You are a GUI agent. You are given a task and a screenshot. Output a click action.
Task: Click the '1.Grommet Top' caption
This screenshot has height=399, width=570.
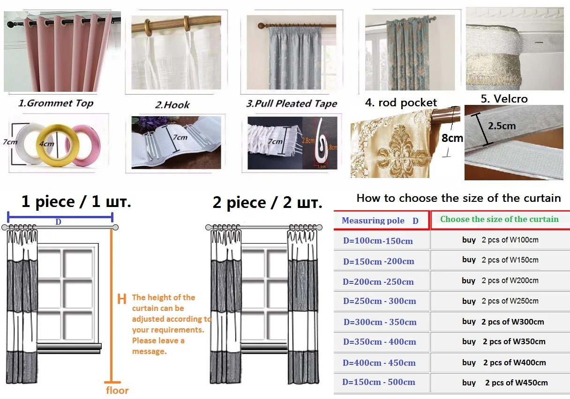(x=55, y=103)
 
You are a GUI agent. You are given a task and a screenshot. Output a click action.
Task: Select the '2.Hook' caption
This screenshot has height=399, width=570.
(x=172, y=104)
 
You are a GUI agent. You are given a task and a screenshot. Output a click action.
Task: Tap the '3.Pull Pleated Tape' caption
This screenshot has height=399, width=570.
(x=291, y=103)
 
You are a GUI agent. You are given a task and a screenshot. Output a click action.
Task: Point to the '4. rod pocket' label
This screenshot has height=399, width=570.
(x=401, y=103)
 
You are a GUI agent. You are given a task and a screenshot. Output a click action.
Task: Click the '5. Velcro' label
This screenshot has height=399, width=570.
(x=504, y=99)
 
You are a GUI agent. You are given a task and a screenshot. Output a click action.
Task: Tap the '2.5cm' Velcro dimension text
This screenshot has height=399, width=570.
(x=502, y=126)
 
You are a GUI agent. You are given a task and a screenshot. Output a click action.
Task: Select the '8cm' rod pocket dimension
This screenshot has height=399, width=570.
(x=452, y=138)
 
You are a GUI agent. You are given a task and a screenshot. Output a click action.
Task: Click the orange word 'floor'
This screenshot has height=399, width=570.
(x=117, y=390)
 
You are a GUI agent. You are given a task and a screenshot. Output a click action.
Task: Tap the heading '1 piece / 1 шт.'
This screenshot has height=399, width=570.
(x=76, y=202)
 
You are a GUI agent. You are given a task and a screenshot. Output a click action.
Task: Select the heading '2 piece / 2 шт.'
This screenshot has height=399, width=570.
(x=267, y=203)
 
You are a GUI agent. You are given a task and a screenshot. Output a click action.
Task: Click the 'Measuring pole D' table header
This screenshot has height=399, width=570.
(x=380, y=221)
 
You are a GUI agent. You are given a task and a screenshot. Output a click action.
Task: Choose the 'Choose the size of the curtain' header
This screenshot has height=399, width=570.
(x=499, y=219)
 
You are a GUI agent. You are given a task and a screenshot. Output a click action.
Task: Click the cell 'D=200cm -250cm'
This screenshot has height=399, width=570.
(x=378, y=281)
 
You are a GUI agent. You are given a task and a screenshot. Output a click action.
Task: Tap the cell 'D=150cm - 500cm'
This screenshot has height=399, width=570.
(x=379, y=382)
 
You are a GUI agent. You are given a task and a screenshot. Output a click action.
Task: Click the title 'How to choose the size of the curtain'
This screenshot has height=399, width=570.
(x=458, y=198)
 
